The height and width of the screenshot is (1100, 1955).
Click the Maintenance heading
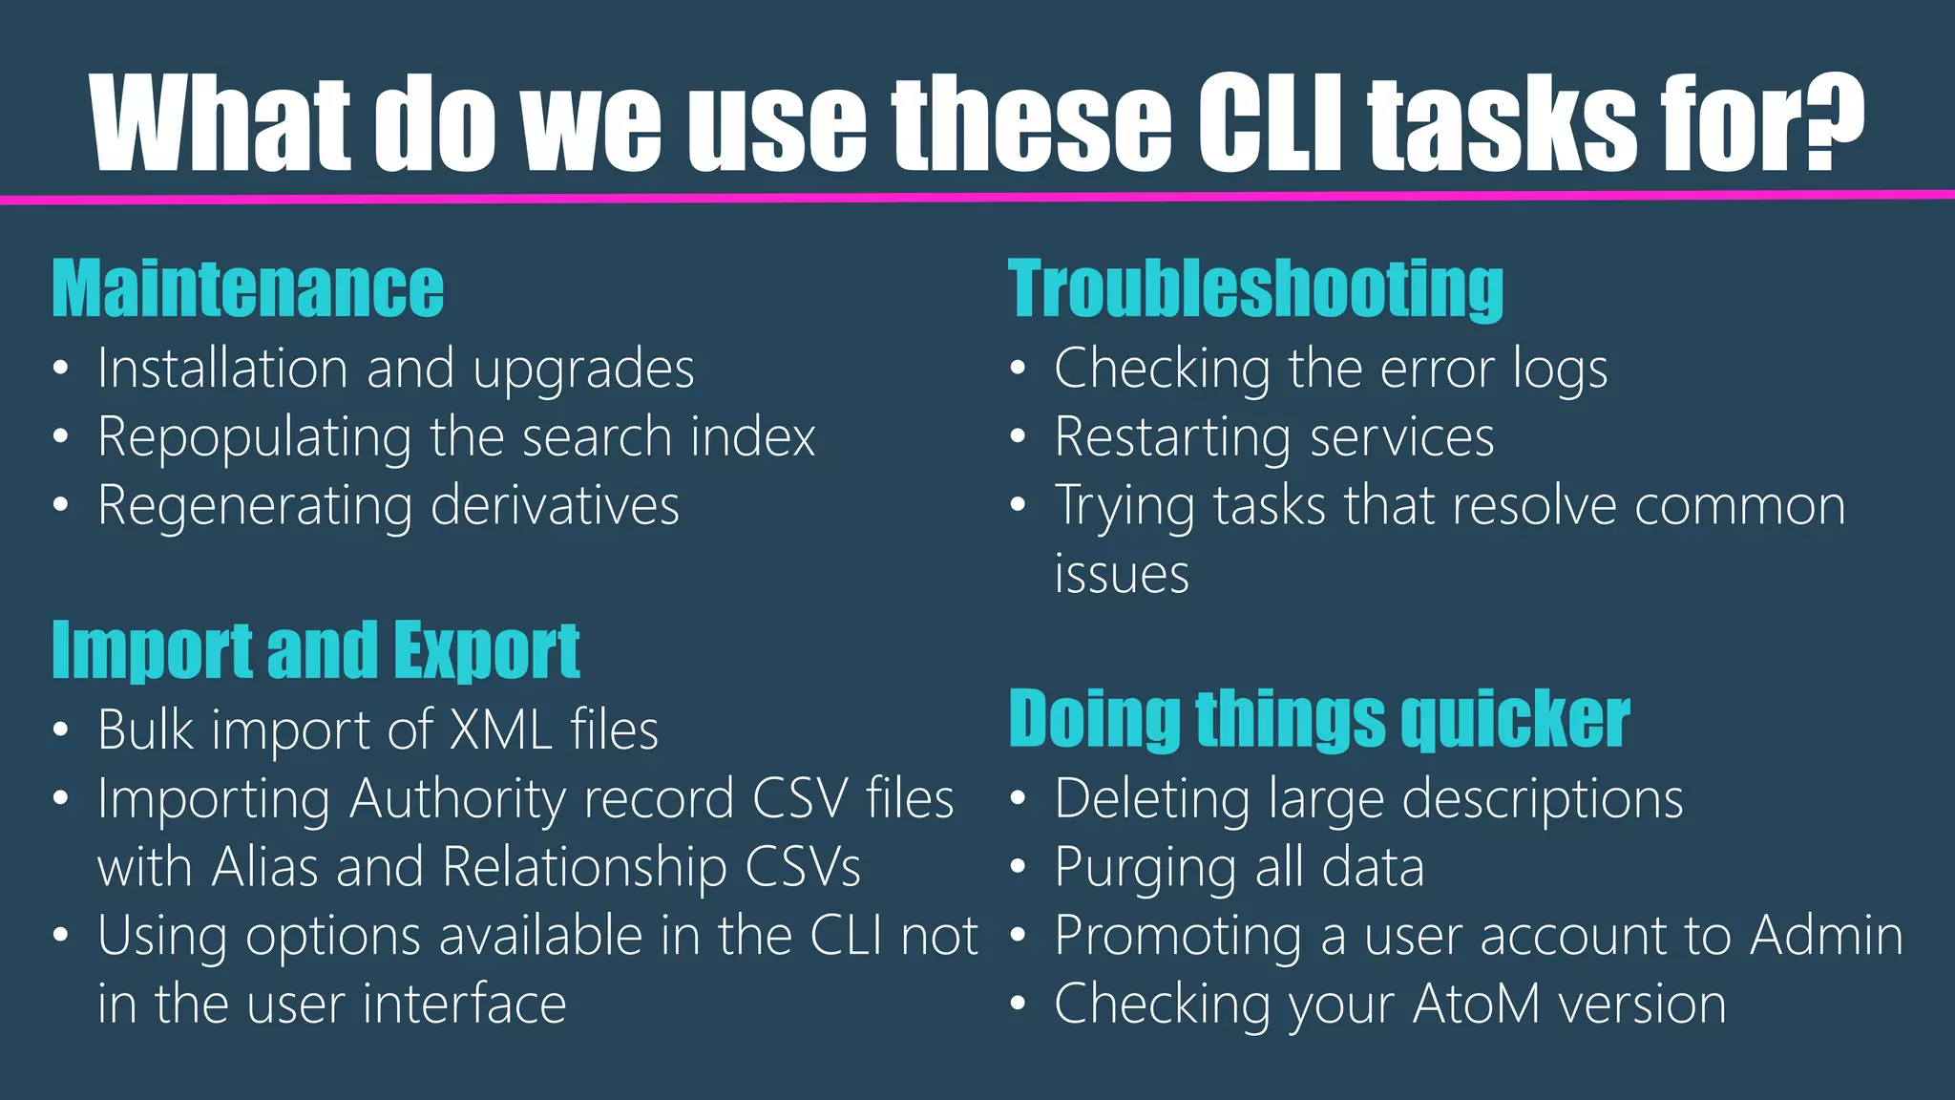coord(247,288)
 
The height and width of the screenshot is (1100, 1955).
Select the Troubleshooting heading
coord(1255,288)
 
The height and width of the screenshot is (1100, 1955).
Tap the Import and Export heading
coord(315,650)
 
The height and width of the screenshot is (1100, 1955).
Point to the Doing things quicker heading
coord(1318,719)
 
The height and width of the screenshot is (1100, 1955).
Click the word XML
coord(500,730)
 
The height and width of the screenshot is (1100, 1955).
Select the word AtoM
coord(1476,1005)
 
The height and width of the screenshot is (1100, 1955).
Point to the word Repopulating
coord(254,438)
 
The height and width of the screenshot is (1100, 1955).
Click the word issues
coord(1122,575)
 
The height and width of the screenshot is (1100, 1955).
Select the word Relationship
coord(583,867)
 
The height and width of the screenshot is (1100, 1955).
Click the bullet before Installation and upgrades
coord(61,370)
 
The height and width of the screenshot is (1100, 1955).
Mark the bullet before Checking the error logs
coord(1018,370)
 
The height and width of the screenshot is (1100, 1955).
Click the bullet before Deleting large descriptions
coord(1018,799)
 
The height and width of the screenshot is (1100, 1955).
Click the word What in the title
coord(222,124)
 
